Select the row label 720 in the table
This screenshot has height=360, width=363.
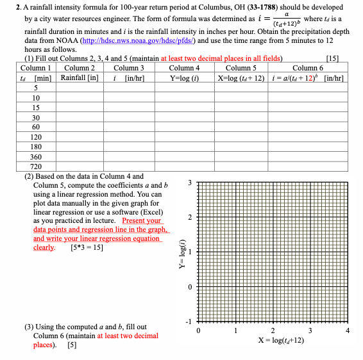[x=37, y=167]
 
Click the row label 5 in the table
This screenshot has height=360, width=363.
[x=37, y=87]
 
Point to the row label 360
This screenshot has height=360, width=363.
[x=37, y=156]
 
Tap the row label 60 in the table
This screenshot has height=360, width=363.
[x=37, y=127]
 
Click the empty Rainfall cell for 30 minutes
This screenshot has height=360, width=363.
[x=80, y=117]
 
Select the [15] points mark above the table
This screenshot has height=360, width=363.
[x=332, y=59]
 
